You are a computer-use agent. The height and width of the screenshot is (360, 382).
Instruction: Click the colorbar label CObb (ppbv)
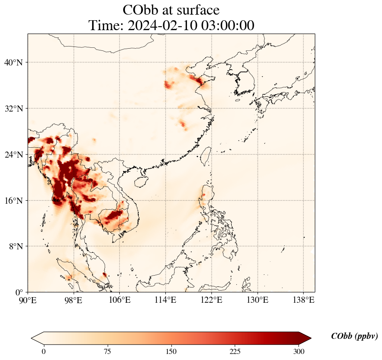(354, 336)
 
